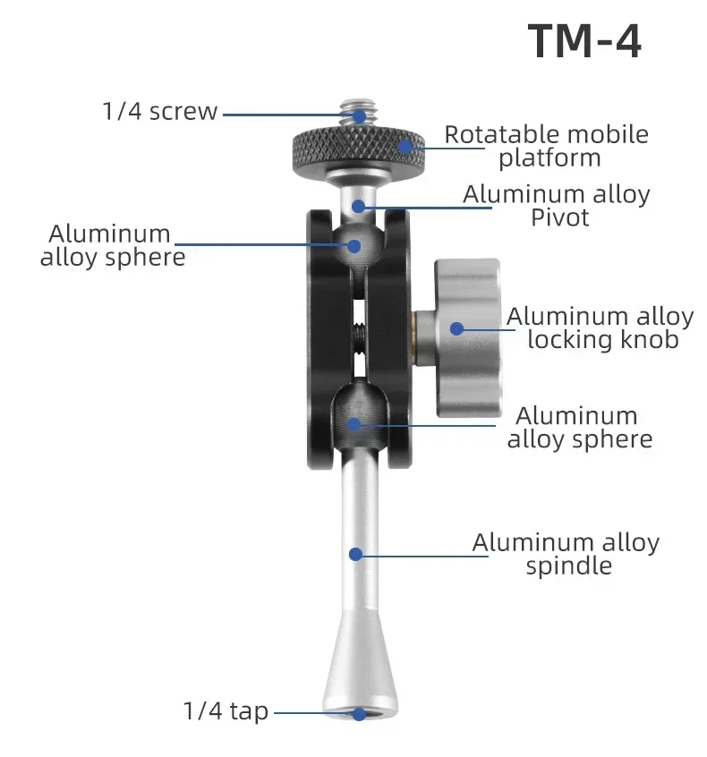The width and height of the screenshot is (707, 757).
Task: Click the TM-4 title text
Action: pyautogui.click(x=583, y=42)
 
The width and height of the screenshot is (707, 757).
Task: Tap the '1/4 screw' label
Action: pyautogui.click(x=159, y=112)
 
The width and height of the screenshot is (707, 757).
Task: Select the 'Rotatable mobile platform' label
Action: pyautogui.click(x=547, y=147)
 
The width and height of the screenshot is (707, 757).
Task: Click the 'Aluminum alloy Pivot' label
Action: pyautogui.click(x=556, y=206)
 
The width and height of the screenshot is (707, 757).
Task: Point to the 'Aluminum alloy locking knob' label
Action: pyautogui.click(x=601, y=327)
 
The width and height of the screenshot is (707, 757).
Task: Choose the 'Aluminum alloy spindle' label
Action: pyautogui.click(x=566, y=554)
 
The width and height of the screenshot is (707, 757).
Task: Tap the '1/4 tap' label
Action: pyautogui.click(x=226, y=711)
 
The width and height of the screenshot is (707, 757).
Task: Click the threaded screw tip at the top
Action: pyautogui.click(x=357, y=112)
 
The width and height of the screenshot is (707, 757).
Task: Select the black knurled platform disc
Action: pyautogui.click(x=357, y=149)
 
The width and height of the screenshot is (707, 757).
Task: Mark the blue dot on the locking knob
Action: pyautogui.click(x=456, y=328)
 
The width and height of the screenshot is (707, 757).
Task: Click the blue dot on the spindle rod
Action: pyautogui.click(x=355, y=555)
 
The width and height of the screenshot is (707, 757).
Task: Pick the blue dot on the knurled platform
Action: pyautogui.click(x=405, y=147)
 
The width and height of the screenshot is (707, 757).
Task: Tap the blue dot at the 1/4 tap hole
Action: pyautogui.click(x=358, y=713)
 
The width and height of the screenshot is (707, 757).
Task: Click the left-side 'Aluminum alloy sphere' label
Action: pyautogui.click(x=112, y=245)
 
